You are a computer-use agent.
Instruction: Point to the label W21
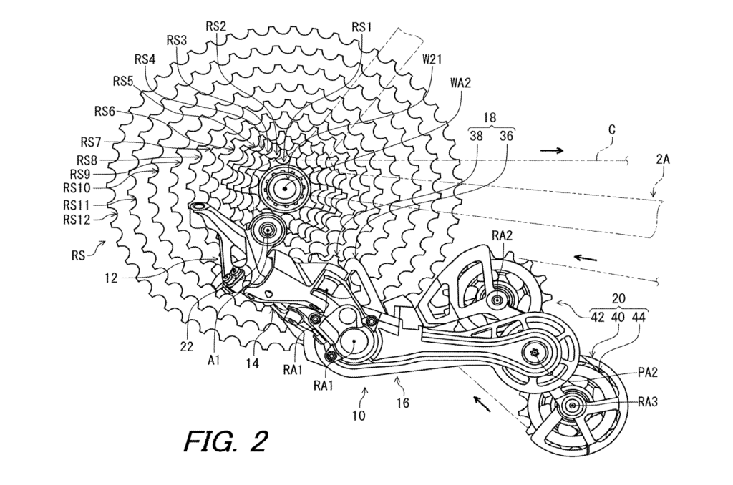pos(432,60)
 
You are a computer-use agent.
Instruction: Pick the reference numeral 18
pos(490,119)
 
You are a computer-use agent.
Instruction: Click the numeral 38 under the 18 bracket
pos(476,134)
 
